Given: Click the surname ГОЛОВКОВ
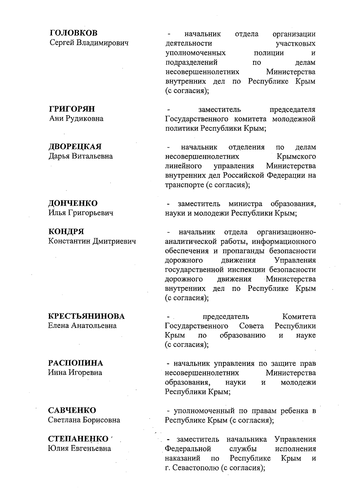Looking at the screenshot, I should [x=73, y=33].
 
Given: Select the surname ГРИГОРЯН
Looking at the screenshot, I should [x=72, y=109].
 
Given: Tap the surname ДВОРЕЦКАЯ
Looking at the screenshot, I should [x=75, y=147].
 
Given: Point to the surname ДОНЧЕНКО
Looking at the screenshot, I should [x=73, y=203].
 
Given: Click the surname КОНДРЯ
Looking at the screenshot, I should [x=66, y=232].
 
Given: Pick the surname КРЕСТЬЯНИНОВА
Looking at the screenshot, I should [x=86, y=316].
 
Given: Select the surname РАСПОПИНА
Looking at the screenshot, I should [x=76, y=363].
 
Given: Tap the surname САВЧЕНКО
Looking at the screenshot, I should [x=72, y=410].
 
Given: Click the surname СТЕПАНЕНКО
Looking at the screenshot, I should [x=78, y=439].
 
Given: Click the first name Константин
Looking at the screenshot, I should [x=69, y=241].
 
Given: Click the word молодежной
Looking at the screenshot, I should [x=294, y=119].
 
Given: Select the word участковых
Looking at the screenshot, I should [x=295, y=43].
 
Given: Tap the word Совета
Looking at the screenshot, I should [x=251, y=326].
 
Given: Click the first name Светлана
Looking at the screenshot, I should [x=64, y=420].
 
